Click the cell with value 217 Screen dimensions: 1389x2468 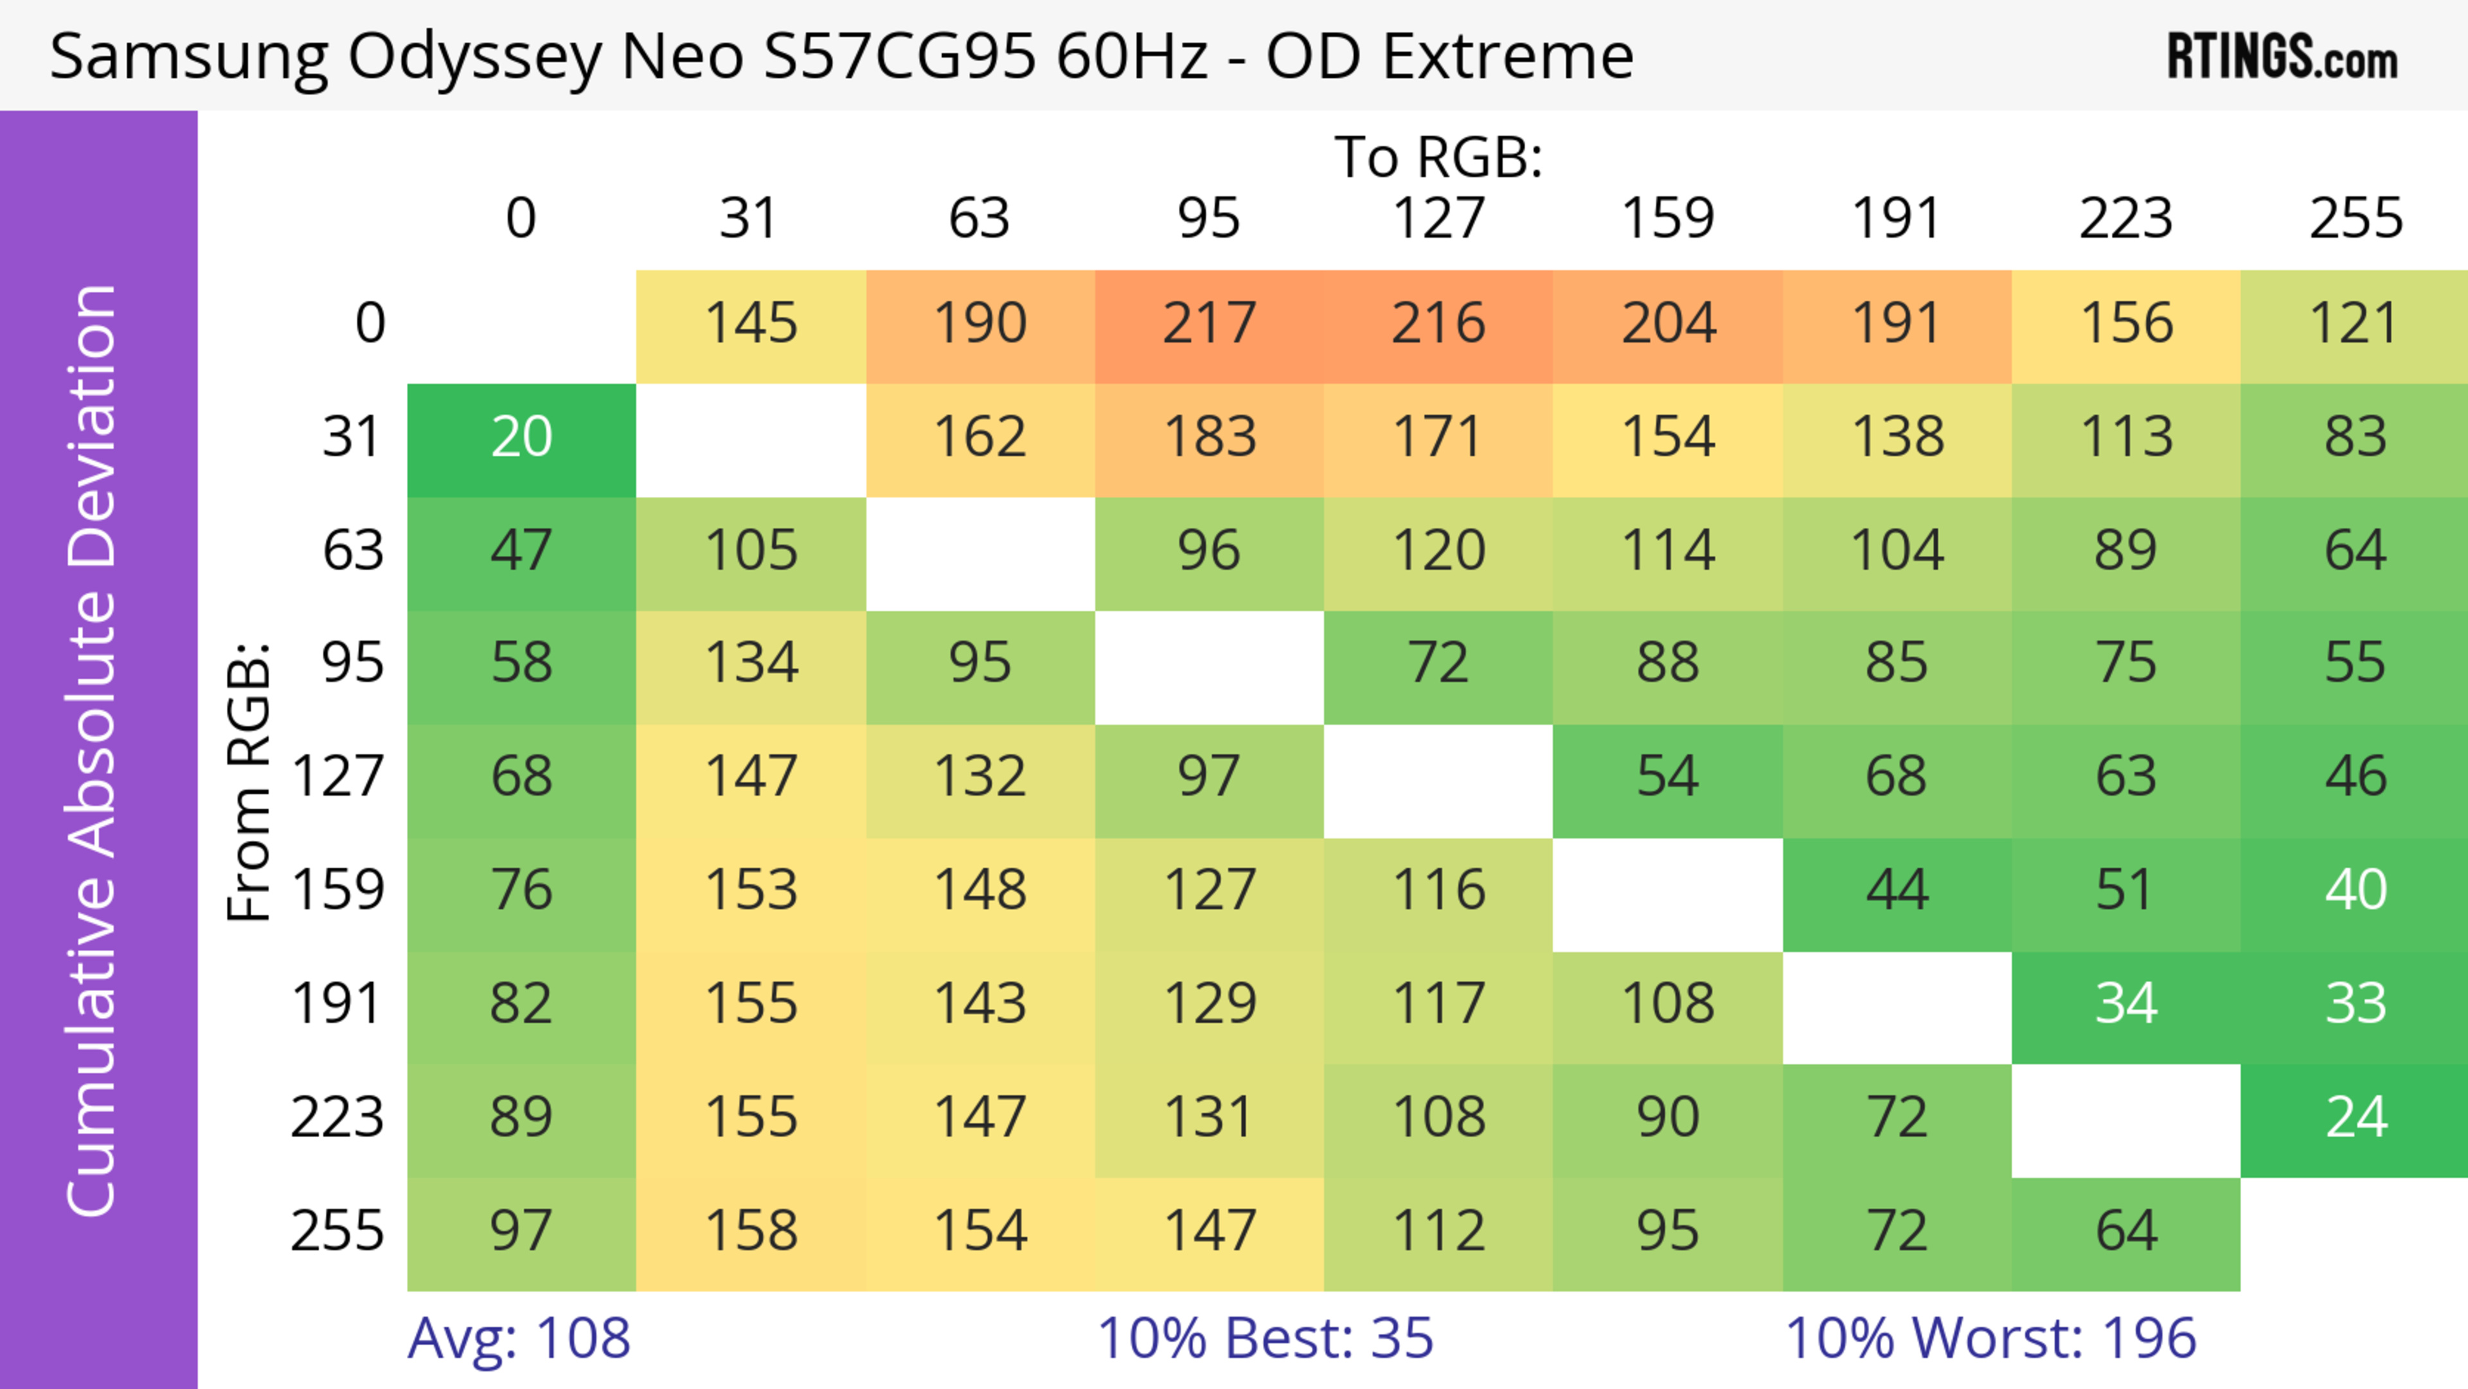(x=1209, y=324)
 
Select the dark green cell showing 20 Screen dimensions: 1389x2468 (x=521, y=438)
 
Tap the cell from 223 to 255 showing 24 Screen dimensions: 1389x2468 (x=2355, y=1118)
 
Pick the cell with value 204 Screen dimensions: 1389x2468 (x=1668, y=324)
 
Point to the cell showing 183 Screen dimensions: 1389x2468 (x=1209, y=438)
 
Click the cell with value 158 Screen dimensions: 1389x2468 (x=751, y=1231)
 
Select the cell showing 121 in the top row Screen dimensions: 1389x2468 (x=2355, y=324)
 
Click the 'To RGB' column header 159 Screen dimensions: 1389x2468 (x=1668, y=219)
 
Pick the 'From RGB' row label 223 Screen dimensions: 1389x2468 (x=337, y=1118)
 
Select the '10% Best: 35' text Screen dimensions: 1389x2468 (x=1265, y=1338)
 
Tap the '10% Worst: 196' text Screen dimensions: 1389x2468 (x=1990, y=1338)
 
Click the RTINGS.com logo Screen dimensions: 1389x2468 (x=2282, y=57)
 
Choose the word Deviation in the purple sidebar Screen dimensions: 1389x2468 (x=93, y=426)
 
